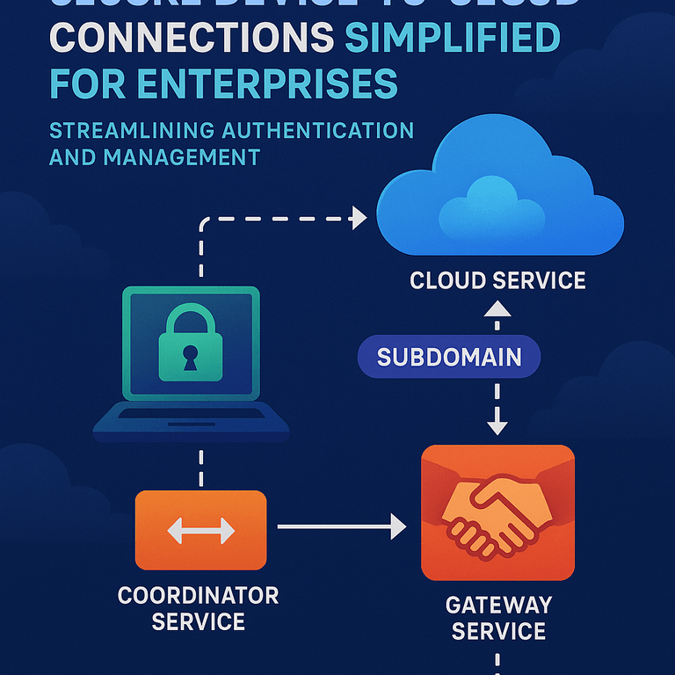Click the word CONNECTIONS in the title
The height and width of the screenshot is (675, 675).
191,39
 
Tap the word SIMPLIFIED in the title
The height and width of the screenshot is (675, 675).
453,39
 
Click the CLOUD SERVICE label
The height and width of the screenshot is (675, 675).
497,281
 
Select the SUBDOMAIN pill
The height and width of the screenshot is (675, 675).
449,357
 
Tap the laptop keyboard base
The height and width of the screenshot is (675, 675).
192,421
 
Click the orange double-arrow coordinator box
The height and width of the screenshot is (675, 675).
200,530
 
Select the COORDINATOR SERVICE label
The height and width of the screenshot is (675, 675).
199,608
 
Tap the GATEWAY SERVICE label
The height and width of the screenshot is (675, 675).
498,618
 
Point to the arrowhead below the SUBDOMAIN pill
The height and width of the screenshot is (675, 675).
497,427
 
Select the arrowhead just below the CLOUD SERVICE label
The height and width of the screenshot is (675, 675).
497,308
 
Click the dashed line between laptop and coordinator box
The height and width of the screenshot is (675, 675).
201,466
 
